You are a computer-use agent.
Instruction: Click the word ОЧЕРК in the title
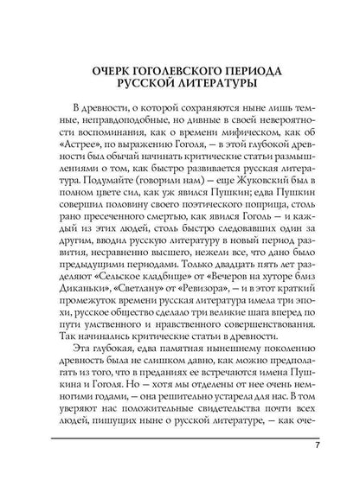[112, 67]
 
